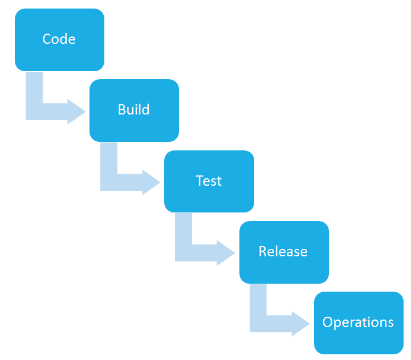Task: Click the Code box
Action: (x=59, y=40)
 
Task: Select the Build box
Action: (x=134, y=111)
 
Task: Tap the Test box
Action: (x=209, y=181)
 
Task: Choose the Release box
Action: (x=284, y=252)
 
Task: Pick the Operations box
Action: (x=359, y=323)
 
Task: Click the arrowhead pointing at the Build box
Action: (x=76, y=112)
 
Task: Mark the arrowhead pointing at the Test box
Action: (x=150, y=182)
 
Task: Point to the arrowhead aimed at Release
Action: (x=225, y=253)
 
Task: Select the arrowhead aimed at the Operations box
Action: (x=300, y=324)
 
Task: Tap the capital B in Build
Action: (x=121, y=109)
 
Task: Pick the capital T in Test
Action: (x=200, y=181)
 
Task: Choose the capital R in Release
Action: (x=263, y=251)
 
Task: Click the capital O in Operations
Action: (x=328, y=322)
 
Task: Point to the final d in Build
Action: (x=145, y=109)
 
